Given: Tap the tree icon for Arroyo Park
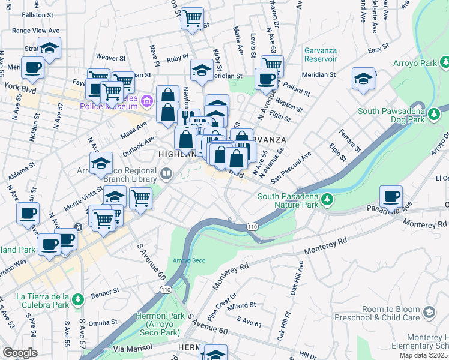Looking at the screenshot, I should point(445,62).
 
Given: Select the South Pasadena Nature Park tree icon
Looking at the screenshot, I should point(327,198).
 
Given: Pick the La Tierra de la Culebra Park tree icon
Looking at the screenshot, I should point(77,299).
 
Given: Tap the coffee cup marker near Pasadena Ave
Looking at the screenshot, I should point(391,196).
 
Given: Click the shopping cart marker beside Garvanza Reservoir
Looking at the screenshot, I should point(272,64).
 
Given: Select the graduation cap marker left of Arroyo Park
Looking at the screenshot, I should point(363,79).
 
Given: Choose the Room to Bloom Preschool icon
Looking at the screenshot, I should point(429,312).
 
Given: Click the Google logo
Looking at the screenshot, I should point(19,353).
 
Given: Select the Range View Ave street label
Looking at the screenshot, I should point(35,30).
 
